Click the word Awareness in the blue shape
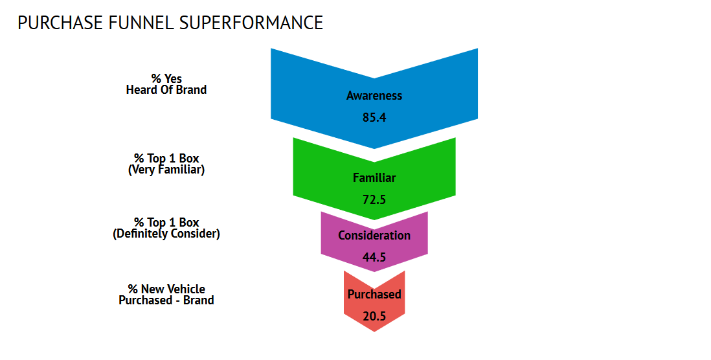(374, 96)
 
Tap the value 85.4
(374, 117)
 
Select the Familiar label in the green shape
(374, 177)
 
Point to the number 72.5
(374, 199)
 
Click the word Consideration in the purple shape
(374, 235)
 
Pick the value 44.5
(374, 257)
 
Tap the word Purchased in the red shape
(374, 294)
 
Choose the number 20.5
(374, 316)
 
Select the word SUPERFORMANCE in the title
(251, 23)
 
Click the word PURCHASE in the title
(60, 23)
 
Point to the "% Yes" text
(166, 78)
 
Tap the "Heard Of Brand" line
(166, 90)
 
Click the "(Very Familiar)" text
(166, 170)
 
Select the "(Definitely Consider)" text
(166, 234)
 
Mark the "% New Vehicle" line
(166, 289)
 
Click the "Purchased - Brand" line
(166, 300)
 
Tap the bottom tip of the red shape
(374, 332)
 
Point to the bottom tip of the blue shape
(374, 148)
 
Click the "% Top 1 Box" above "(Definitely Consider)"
(166, 223)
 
